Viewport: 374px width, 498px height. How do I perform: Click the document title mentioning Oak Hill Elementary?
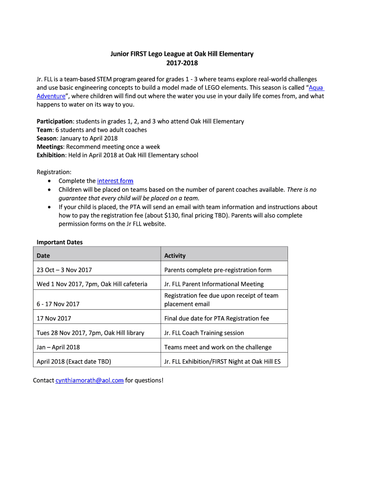coord(182,54)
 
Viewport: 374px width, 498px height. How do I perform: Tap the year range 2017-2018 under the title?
coord(182,63)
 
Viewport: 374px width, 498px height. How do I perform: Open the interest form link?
coord(115,181)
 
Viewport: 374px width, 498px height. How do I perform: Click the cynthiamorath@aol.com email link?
coord(89,380)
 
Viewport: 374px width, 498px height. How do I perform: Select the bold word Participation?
coord(55,121)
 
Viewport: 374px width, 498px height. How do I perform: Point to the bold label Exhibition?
coord(51,155)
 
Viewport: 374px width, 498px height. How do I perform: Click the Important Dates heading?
coord(60,242)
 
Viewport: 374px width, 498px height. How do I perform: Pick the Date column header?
coord(43,256)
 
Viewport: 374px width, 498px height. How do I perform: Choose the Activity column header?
coord(175,256)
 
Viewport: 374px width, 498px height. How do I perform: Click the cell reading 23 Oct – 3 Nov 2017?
coord(64,270)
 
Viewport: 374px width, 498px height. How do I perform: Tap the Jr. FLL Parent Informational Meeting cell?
coord(214,284)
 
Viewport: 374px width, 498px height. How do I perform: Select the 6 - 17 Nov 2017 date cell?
coord(58,304)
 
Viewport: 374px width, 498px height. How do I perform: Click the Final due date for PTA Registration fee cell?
coord(217,319)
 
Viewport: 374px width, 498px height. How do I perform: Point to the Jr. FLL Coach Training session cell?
coord(204,333)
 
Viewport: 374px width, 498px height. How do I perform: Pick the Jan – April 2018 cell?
coord(58,347)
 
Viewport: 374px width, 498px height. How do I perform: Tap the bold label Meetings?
coord(50,147)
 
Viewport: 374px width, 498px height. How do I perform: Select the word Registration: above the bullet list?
coord(54,172)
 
